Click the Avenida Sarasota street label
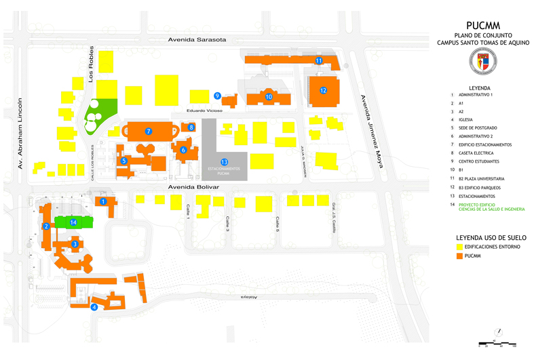197,40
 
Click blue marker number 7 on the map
148,130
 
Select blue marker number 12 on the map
324,90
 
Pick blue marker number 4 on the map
94,307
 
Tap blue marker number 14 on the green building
73,222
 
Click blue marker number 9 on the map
217,96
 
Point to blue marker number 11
319,61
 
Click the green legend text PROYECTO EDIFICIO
482,204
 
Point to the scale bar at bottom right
498,344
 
